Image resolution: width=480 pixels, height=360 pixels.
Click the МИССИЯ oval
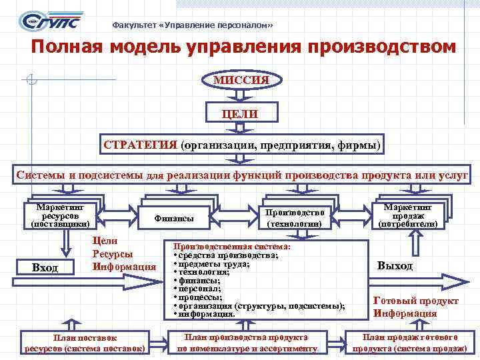[x=241, y=80]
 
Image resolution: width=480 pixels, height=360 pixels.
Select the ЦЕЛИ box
[x=241, y=113]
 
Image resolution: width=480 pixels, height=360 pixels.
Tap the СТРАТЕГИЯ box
[x=241, y=145]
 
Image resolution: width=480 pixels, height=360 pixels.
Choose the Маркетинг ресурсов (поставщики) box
[x=60, y=215]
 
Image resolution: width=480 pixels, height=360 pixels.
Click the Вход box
[x=45, y=267]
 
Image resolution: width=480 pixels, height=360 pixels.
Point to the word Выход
[x=395, y=265]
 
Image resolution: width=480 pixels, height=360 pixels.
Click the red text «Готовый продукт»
[x=406, y=300]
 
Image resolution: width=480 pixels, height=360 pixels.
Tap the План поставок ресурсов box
[x=85, y=343]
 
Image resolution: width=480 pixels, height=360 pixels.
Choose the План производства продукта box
[x=246, y=343]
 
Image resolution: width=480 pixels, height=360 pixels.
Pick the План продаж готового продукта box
[x=409, y=343]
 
